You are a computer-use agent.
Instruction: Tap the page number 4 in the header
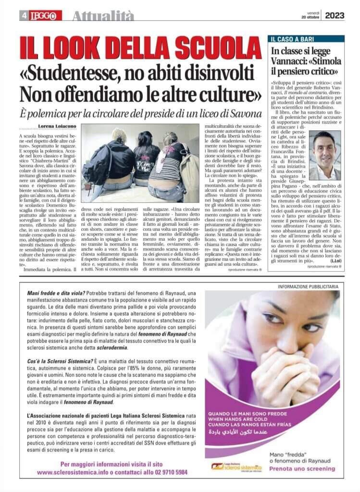tap(24, 16)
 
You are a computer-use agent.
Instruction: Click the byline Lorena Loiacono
tap(57, 126)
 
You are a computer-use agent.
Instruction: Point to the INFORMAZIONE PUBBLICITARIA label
tap(308, 286)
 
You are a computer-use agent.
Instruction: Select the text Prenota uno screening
tap(305, 468)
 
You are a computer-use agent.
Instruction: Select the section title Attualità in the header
tap(103, 16)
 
